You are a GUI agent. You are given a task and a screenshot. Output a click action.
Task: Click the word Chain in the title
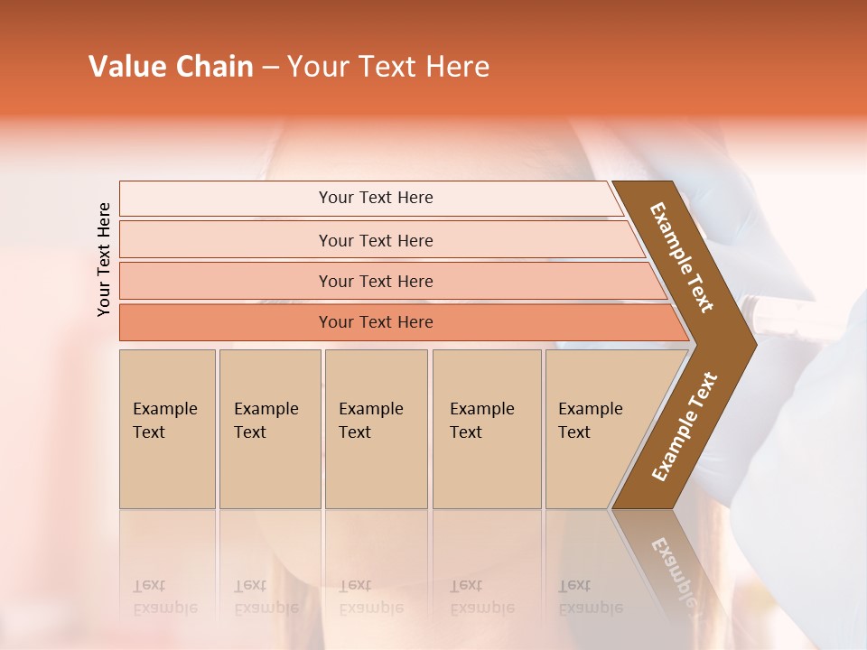point(214,67)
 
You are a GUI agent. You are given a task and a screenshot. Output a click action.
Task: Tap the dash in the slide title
point(270,68)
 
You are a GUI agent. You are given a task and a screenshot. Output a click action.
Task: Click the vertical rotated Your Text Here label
point(104,259)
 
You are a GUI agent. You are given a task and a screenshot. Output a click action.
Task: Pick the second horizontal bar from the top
point(376,240)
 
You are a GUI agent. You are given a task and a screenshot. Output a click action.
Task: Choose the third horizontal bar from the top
point(376,281)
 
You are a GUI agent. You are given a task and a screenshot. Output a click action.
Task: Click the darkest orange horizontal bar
point(376,322)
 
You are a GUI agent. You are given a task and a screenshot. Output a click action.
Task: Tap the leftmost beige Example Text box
point(167,428)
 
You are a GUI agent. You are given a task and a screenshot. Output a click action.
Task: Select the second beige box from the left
point(269,428)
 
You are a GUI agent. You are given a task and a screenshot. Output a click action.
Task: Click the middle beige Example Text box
point(376,428)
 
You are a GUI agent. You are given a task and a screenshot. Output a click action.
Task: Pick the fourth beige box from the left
point(487,428)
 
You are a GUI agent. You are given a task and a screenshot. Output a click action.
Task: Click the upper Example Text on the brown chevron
point(682,257)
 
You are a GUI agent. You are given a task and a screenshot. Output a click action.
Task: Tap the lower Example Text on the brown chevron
point(685,426)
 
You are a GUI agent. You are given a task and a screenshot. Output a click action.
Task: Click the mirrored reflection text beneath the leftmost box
point(165,597)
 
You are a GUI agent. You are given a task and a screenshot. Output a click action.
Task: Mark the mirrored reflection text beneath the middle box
point(371,597)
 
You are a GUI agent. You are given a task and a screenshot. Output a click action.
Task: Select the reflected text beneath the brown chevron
point(672,573)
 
